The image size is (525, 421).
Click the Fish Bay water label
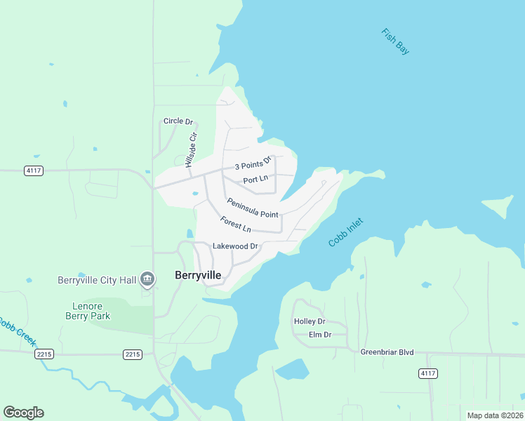(x=395, y=42)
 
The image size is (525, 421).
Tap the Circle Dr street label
(x=178, y=121)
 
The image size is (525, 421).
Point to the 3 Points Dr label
(x=253, y=163)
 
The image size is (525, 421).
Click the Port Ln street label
(x=255, y=180)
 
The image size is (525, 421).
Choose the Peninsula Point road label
(x=252, y=208)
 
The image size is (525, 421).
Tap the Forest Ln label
(x=235, y=225)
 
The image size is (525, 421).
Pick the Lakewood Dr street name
(x=236, y=246)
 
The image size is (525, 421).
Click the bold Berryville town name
(x=198, y=276)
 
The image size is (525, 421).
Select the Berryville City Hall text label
(x=96, y=280)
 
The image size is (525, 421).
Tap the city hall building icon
(x=147, y=280)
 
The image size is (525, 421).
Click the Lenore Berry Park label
(x=91, y=311)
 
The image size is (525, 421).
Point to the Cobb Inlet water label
(x=347, y=231)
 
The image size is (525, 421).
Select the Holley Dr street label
(x=310, y=321)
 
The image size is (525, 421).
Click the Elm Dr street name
(x=319, y=335)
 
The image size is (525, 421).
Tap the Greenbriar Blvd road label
(x=387, y=352)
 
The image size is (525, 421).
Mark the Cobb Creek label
(x=16, y=330)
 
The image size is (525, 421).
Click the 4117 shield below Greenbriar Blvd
(x=427, y=373)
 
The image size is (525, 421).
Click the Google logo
(x=24, y=413)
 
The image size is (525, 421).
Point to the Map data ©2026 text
(x=494, y=415)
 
